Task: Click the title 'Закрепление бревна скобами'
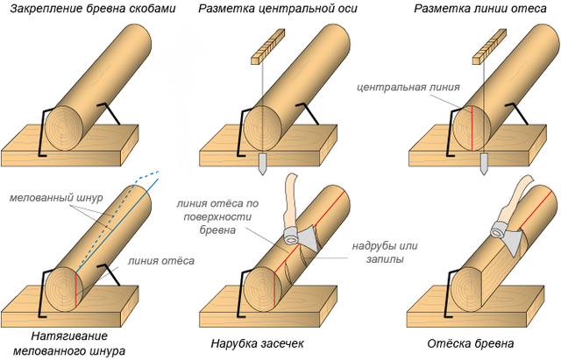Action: [x=93, y=9]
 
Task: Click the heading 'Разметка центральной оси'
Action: [x=278, y=9]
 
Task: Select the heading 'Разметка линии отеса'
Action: [x=480, y=9]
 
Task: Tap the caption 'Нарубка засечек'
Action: [x=257, y=343]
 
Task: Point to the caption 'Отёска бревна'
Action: [x=471, y=343]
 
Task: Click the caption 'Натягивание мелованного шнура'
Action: [x=69, y=343]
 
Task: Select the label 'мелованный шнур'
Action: [x=56, y=198]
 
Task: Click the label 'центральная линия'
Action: [x=408, y=88]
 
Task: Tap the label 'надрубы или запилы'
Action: [x=385, y=252]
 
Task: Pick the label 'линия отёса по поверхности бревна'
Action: [x=217, y=216]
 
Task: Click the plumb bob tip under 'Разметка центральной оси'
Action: [x=263, y=175]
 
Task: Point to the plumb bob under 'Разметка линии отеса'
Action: [x=484, y=165]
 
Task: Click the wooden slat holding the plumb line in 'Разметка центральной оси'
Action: [x=268, y=46]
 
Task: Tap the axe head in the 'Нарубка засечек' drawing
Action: [x=302, y=237]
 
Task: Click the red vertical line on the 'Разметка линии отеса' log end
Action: [x=472, y=129]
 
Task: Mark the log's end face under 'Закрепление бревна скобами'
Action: [x=64, y=128]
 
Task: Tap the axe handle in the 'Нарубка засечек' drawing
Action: [x=290, y=201]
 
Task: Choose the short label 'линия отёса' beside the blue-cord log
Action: [x=161, y=261]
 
